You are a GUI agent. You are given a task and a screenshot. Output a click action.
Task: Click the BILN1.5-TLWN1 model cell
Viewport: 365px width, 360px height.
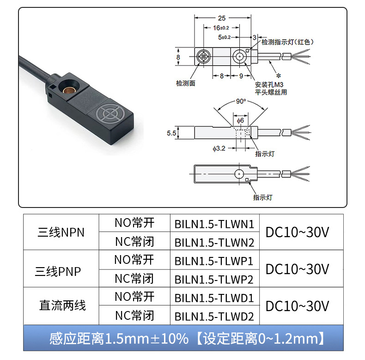214,224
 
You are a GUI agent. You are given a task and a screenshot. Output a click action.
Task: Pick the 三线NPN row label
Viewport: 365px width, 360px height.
61,232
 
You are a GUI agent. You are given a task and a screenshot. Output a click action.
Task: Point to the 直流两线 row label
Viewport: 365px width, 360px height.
62,306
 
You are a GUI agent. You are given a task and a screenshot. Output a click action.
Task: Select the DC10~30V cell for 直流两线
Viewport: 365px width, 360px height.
297,306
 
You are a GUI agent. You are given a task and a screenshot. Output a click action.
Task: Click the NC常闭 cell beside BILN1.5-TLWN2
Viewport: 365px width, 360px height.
134,241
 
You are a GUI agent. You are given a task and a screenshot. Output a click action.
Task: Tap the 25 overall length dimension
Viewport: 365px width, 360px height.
222,18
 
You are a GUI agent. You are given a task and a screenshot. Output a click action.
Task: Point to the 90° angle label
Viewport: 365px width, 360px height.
240,101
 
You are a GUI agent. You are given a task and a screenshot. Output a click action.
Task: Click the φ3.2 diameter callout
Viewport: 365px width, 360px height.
219,148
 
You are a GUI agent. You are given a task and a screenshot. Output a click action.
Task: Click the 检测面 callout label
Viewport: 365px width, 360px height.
186,83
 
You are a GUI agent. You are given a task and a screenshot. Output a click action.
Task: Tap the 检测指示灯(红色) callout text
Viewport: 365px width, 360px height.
287,42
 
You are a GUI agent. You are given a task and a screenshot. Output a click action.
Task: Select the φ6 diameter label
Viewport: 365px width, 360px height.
240,121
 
